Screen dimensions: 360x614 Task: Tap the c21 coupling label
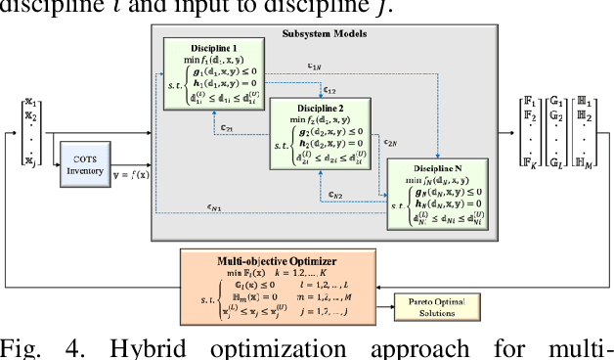tap(226, 127)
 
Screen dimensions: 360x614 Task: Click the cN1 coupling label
tap(186, 207)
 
